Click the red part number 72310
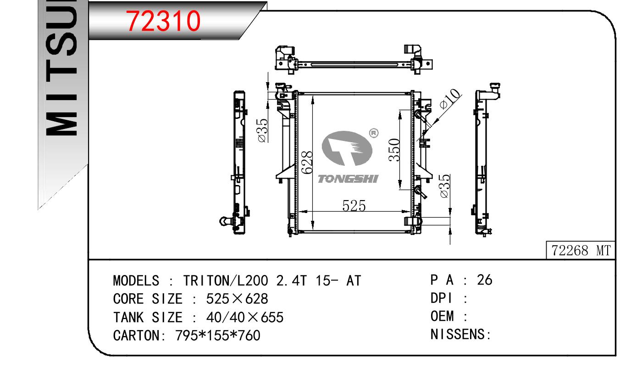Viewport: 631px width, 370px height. pyautogui.click(x=163, y=21)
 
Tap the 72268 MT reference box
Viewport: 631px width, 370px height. pyautogui.click(x=581, y=250)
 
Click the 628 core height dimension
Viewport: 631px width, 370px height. pyautogui.click(x=307, y=163)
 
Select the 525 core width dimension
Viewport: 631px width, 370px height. pyautogui.click(x=354, y=206)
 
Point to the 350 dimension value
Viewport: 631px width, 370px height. pyautogui.click(x=394, y=150)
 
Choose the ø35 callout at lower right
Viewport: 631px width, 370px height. pyautogui.click(x=444, y=186)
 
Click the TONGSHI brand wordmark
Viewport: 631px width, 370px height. pyautogui.click(x=348, y=179)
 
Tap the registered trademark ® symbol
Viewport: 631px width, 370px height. pyautogui.click(x=374, y=133)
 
